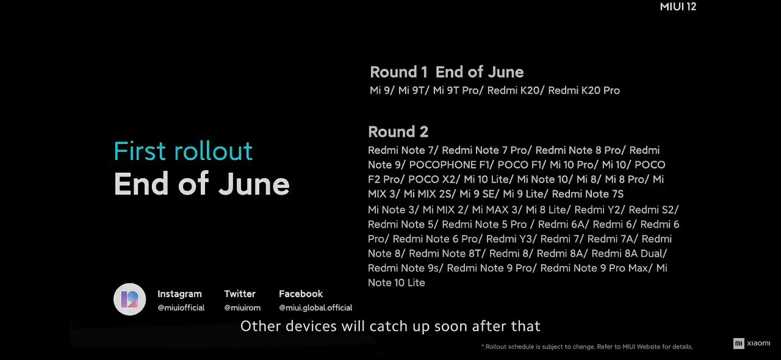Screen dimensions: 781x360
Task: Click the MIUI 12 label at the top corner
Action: click(x=678, y=7)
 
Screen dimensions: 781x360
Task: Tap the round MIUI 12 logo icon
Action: click(x=130, y=300)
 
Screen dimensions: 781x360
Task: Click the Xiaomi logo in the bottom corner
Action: click(x=752, y=344)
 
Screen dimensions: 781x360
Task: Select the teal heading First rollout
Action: click(x=183, y=151)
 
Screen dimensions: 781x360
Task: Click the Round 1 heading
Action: click(x=398, y=72)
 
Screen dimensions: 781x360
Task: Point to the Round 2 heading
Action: click(x=398, y=132)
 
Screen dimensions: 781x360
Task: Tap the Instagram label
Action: click(x=179, y=293)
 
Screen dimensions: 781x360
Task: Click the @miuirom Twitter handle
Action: click(x=242, y=308)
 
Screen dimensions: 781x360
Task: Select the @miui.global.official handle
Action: click(x=315, y=308)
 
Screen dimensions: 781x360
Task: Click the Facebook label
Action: click(x=301, y=293)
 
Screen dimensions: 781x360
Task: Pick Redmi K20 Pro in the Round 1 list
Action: click(x=584, y=90)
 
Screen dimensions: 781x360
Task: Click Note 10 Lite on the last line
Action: click(x=397, y=283)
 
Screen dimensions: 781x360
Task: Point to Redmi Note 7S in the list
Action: click(x=588, y=194)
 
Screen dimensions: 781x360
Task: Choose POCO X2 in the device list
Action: click(x=431, y=179)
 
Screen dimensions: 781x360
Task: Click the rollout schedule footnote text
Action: click(x=587, y=347)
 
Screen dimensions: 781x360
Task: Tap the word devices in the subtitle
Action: click(x=311, y=326)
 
